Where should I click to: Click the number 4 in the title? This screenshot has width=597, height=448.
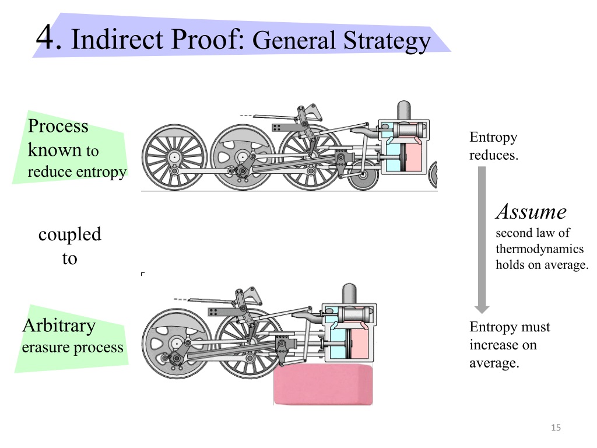coord(45,37)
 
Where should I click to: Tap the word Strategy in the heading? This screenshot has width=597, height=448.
coord(387,41)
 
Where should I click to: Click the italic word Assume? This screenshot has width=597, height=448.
coord(531,212)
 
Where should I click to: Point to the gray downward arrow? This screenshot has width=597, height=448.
coord(482,240)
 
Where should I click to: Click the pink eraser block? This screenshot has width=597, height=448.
coord(323,384)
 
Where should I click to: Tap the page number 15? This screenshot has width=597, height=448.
coord(556,428)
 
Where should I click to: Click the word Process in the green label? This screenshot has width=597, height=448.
coord(58,126)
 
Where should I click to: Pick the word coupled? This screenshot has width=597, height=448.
coord(70,235)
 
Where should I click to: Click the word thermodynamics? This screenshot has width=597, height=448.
coord(539,249)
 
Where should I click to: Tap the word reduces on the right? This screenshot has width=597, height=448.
coord(494,155)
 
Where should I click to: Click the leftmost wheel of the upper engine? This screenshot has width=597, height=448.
coord(174,157)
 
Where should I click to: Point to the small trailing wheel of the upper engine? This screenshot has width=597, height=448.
coord(363,175)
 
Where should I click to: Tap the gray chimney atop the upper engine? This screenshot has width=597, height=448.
coord(403,110)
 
